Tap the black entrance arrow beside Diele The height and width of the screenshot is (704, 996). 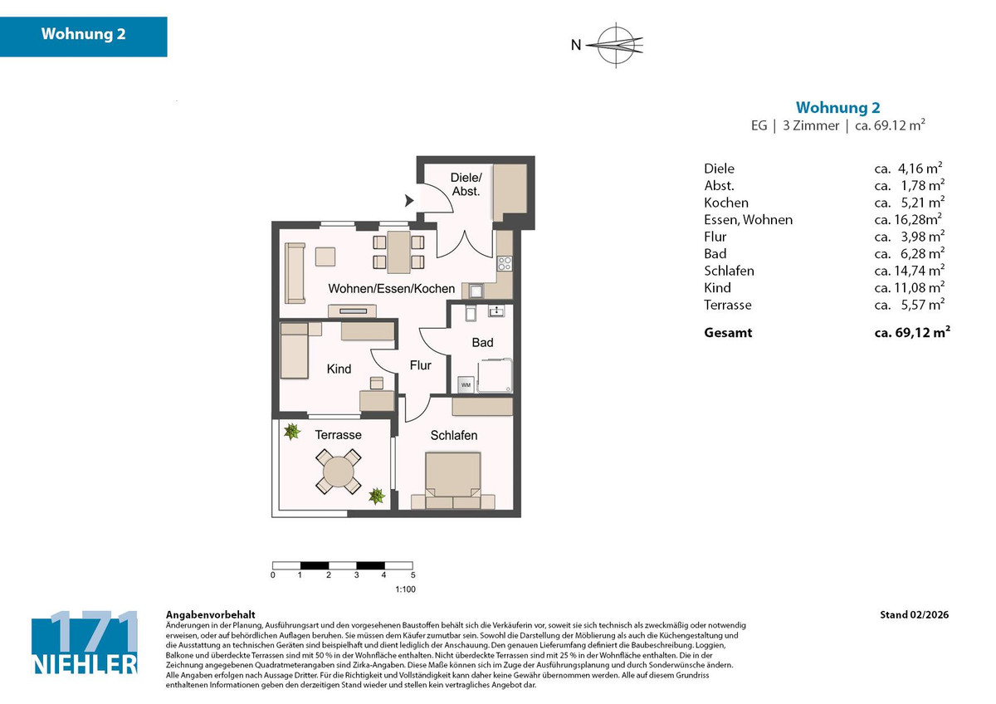(408, 200)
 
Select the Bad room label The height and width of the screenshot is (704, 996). (482, 342)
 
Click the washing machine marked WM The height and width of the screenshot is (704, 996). (466, 384)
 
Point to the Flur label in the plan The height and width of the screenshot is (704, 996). (420, 365)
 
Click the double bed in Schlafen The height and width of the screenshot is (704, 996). (452, 479)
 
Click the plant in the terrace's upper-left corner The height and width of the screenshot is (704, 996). (291, 431)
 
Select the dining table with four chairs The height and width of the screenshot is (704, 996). (398, 252)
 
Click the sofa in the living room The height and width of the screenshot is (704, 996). (294, 272)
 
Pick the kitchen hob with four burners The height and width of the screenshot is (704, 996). (504, 264)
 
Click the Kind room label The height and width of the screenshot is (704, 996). (339, 369)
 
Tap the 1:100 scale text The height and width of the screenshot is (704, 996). (404, 589)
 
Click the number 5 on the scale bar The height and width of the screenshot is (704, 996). (412, 574)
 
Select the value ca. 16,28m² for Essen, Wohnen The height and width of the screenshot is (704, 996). (908, 220)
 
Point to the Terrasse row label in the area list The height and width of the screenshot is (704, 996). (727, 305)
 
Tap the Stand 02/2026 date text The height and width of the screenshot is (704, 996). (914, 615)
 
